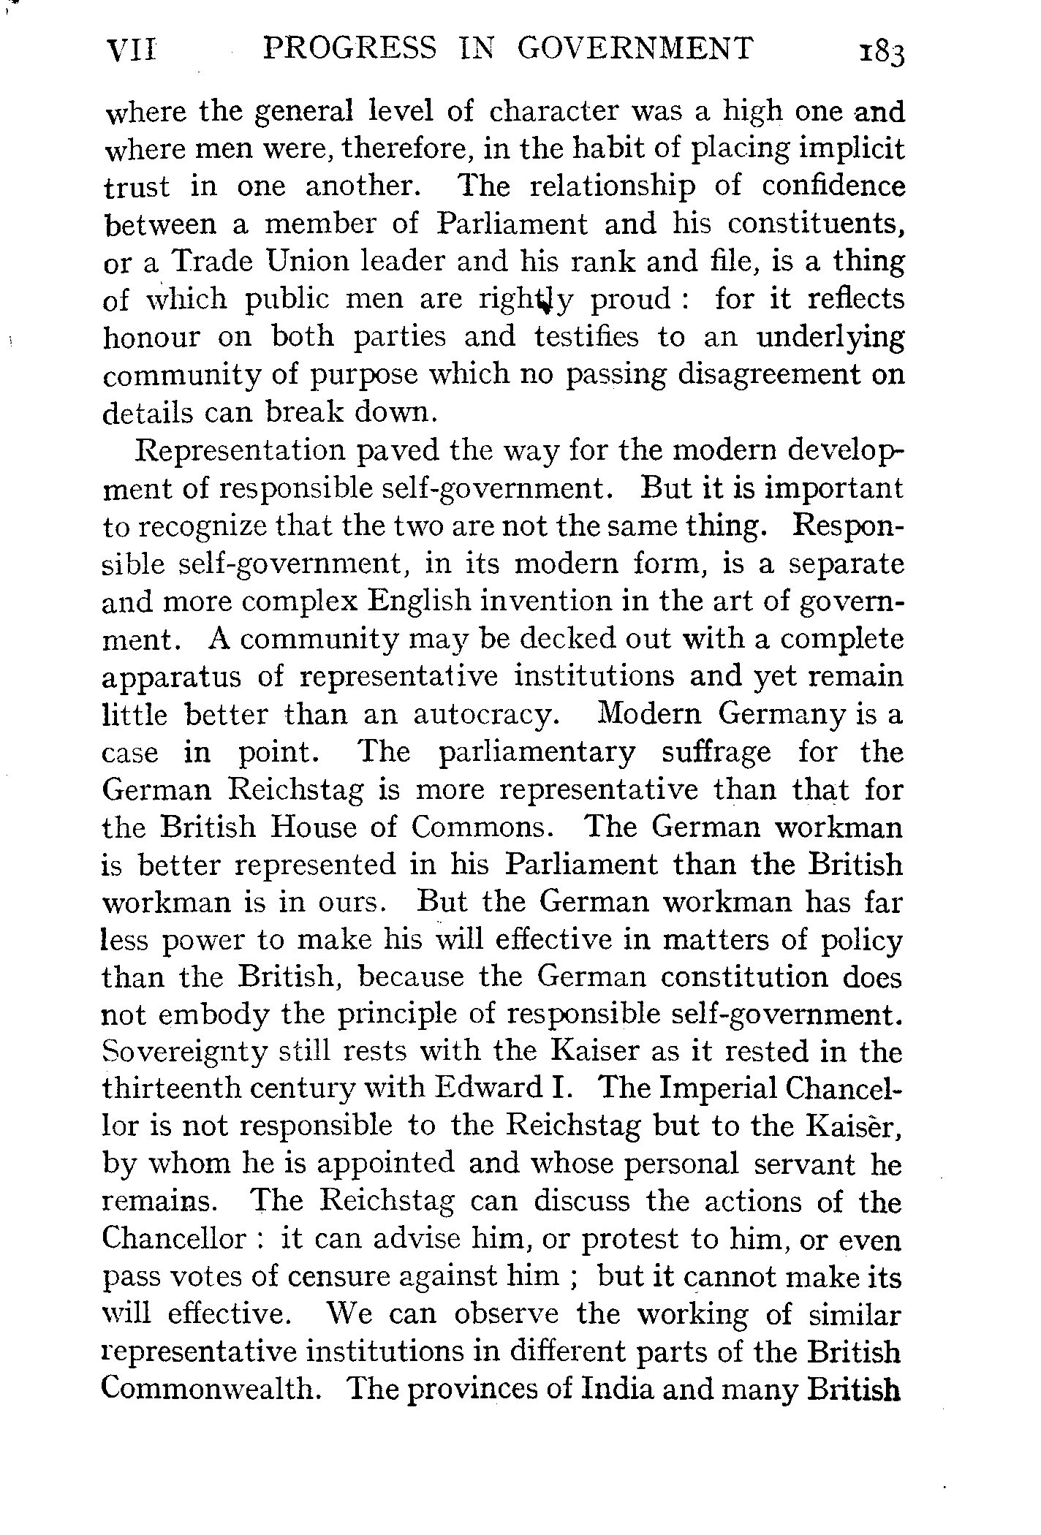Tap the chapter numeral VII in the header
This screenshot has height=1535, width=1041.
132,50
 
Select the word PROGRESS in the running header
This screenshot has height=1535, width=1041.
349,49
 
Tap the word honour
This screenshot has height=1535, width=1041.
151,336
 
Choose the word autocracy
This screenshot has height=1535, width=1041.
488,714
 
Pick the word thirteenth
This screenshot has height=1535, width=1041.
172,1089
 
